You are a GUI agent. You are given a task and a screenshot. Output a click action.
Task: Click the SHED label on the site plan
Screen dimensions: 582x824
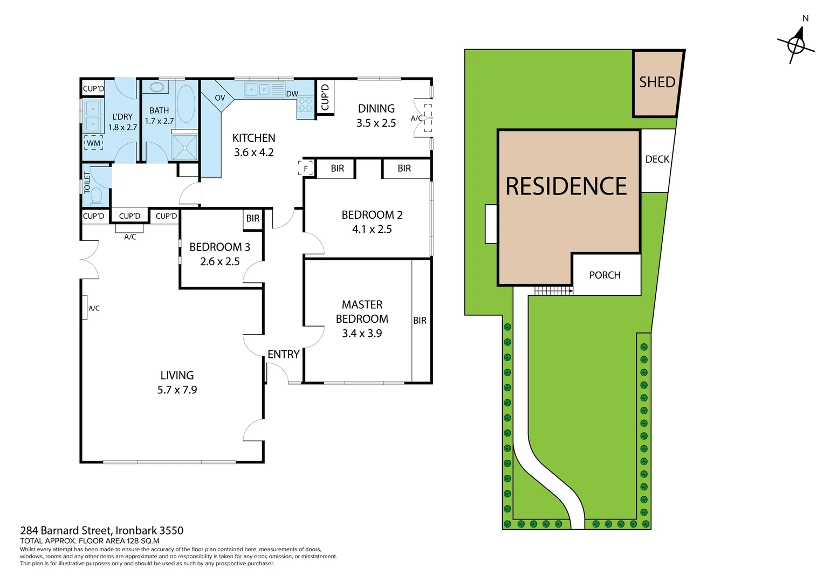(657, 82)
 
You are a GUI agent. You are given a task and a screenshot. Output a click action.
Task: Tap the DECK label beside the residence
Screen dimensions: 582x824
(657, 159)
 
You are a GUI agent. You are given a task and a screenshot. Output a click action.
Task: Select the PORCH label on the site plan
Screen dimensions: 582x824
(605, 275)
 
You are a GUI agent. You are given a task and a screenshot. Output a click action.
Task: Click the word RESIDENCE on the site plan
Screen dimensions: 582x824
(566, 186)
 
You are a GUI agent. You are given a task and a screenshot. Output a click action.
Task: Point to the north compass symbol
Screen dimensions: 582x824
(796, 44)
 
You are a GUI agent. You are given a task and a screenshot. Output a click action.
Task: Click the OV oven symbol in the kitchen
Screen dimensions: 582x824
(219, 98)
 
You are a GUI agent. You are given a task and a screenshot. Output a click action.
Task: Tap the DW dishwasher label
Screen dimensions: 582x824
(292, 94)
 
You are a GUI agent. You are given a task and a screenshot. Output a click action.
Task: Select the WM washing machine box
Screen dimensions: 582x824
(93, 143)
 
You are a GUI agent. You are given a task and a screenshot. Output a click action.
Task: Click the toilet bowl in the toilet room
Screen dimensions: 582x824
(97, 196)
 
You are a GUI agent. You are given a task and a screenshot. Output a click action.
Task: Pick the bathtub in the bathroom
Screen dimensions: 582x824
(186, 103)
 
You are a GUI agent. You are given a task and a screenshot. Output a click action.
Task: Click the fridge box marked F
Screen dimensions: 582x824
(306, 168)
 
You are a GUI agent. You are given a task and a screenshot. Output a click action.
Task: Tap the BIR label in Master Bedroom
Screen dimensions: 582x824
(420, 321)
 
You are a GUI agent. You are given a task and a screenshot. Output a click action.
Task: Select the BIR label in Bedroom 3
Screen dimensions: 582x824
(252, 218)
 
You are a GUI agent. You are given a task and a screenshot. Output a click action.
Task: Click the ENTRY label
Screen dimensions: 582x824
(283, 354)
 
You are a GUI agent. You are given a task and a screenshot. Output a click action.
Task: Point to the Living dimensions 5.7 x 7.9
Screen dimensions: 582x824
(177, 390)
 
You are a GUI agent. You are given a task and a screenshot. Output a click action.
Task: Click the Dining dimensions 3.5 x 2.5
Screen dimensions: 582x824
(376, 123)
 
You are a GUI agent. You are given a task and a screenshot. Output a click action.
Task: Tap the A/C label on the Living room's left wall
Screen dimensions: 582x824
(94, 308)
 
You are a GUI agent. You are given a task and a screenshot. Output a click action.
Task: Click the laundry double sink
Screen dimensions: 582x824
(93, 116)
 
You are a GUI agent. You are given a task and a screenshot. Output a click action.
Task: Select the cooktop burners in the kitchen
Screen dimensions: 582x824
(305, 104)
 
